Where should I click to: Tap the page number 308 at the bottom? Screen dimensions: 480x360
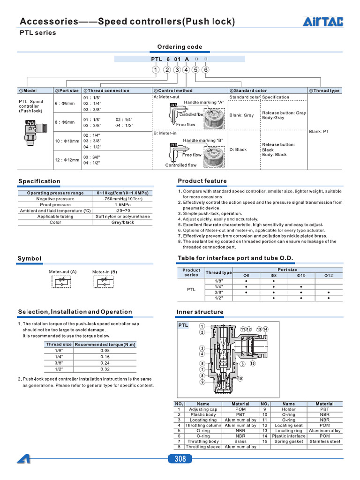180,459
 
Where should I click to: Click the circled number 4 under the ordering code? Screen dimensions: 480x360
186,70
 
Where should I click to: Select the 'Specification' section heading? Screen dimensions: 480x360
39,181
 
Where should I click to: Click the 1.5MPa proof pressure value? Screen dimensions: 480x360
123,205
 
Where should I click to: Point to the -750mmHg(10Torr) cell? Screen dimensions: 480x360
123,199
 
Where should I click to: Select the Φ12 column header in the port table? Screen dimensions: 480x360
329,275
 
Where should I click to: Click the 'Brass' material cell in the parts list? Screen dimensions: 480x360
240,442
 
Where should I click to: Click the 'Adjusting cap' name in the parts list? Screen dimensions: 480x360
203,409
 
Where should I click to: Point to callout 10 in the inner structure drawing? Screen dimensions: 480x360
240,378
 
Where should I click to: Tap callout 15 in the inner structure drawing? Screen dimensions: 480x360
253,363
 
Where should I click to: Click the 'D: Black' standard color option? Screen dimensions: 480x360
238,150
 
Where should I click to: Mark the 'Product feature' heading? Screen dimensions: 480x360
202,181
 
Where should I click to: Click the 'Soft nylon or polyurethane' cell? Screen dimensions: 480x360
123,217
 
